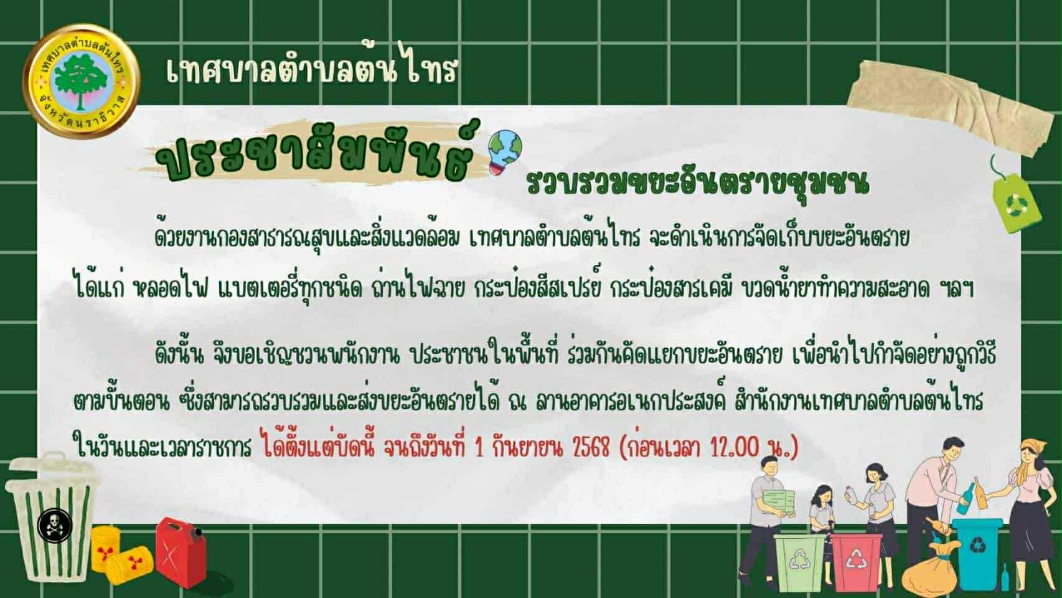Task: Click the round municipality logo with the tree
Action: (81, 81)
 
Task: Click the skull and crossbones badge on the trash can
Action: (55, 525)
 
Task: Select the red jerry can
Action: (180, 553)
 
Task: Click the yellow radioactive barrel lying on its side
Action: (129, 565)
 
